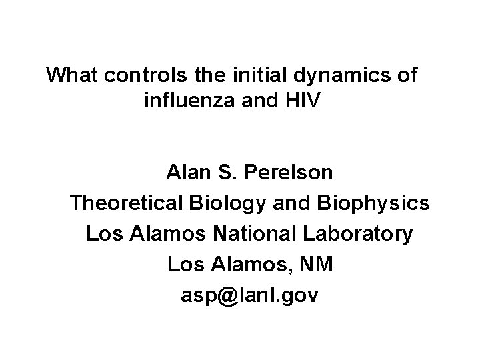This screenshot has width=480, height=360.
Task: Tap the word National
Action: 258,235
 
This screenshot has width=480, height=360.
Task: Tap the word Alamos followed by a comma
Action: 252,265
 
